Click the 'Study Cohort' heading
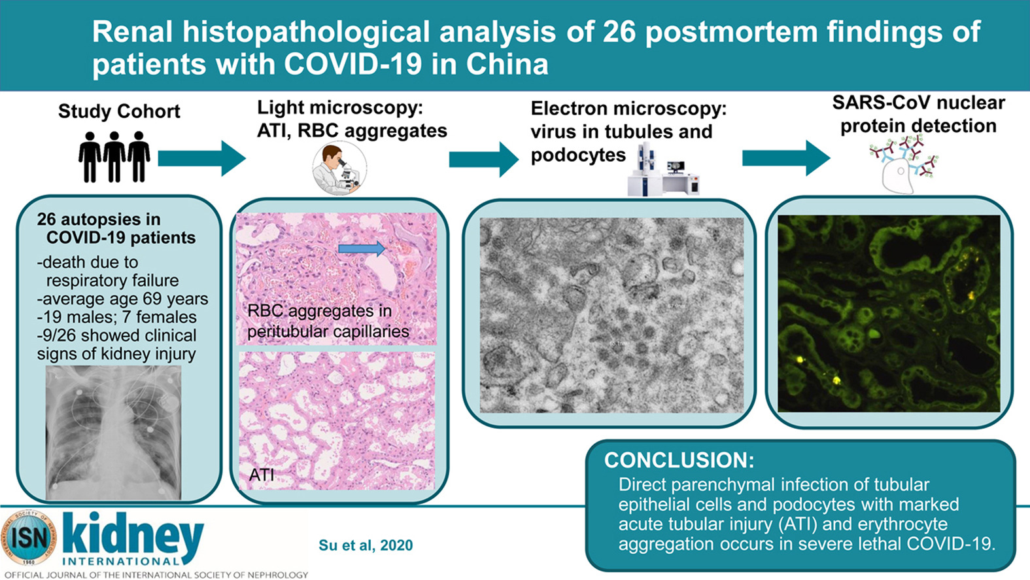[x=119, y=112]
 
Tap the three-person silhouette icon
[x=114, y=157]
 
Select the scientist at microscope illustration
[x=339, y=168]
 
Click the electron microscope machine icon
[x=664, y=170]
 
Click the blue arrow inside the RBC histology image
[x=362, y=249]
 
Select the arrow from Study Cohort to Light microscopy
[x=202, y=158]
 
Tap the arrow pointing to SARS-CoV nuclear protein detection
[x=786, y=158]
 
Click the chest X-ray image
[x=114, y=433]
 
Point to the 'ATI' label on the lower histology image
[x=261, y=475]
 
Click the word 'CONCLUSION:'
[x=679, y=460]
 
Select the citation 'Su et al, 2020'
[x=366, y=545]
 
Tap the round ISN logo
[x=29, y=537]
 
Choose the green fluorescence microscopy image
[x=889, y=314]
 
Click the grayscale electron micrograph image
[x=611, y=316]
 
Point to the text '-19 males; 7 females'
[x=117, y=317]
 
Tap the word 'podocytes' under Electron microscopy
[x=578, y=156]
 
